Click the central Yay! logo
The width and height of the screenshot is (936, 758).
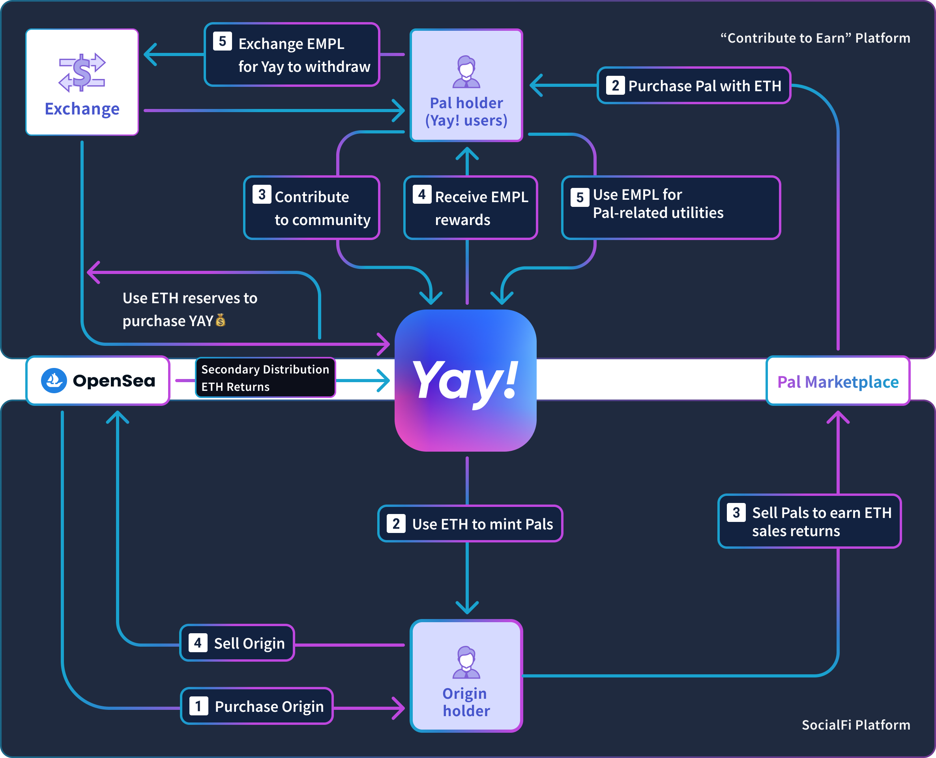click(x=466, y=381)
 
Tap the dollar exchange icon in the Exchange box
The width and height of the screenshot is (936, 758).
click(x=82, y=73)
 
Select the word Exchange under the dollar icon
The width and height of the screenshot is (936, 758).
click(x=82, y=109)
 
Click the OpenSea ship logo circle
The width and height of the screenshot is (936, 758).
click(x=54, y=381)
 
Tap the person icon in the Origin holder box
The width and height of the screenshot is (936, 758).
click(x=466, y=662)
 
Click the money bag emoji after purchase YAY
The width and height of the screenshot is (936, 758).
click(x=221, y=321)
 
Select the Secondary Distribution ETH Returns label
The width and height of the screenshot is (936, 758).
click(x=265, y=378)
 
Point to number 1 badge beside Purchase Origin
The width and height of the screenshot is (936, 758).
click(x=198, y=706)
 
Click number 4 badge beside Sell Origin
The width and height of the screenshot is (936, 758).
click(x=198, y=643)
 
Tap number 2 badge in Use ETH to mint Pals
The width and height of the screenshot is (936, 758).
click(x=396, y=523)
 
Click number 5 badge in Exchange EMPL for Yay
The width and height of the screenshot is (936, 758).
click(x=222, y=41)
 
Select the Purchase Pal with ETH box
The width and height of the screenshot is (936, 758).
click(x=693, y=86)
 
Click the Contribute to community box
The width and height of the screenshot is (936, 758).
click(x=312, y=208)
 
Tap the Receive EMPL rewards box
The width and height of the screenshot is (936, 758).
click(x=470, y=208)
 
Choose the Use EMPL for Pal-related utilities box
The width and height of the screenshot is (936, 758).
click(x=670, y=208)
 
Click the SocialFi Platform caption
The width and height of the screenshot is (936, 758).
click(x=856, y=725)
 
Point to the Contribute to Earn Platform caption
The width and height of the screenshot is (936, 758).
click(x=815, y=38)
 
